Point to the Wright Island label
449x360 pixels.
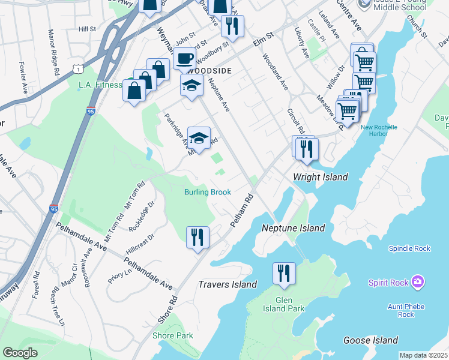[x=320, y=177]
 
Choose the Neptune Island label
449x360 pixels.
[x=293, y=228]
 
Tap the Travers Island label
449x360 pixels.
[x=228, y=284]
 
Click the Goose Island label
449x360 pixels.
[x=370, y=340]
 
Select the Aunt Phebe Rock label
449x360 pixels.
[x=406, y=310]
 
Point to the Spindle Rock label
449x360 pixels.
[x=409, y=248]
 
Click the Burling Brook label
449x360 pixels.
[x=207, y=193]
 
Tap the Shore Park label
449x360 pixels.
[x=173, y=335]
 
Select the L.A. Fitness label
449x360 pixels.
[x=100, y=85]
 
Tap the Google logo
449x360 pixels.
[x=20, y=353]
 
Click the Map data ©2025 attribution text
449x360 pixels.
[x=423, y=355]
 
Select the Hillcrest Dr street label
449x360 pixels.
[x=140, y=245]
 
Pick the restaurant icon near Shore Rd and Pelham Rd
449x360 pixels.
[x=197, y=236]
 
